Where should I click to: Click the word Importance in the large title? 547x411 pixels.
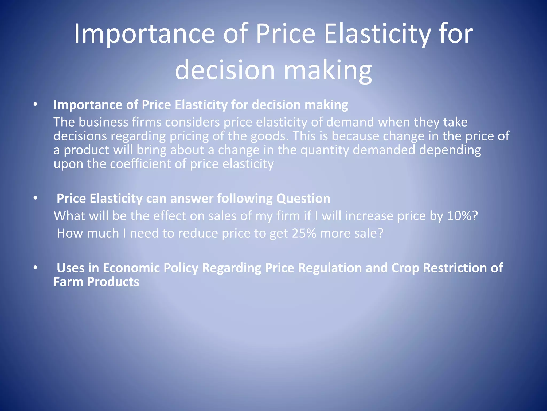(144, 34)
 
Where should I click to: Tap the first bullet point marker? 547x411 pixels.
(35, 105)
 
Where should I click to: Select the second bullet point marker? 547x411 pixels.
(35, 198)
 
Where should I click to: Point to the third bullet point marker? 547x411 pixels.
(35, 268)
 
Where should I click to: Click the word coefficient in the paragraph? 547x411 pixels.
(140, 164)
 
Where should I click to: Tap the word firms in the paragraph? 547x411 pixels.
(147, 122)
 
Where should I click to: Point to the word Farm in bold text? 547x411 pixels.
(68, 282)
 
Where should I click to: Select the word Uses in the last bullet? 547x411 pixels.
(71, 268)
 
